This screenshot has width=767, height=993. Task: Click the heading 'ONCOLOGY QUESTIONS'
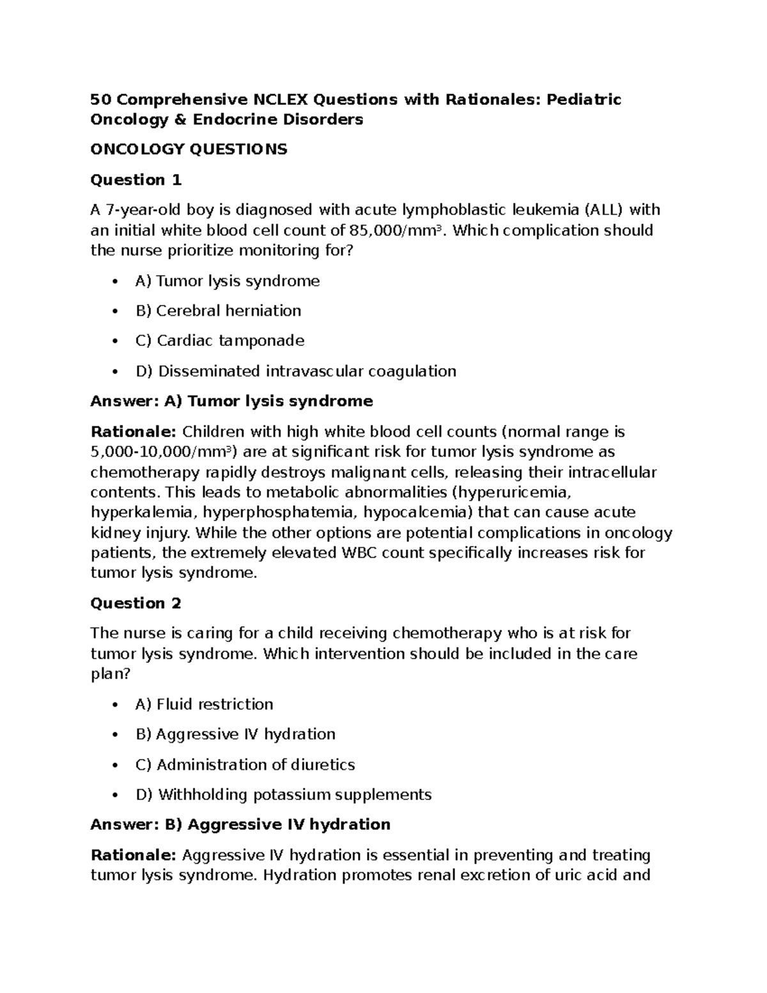pyautogui.click(x=189, y=150)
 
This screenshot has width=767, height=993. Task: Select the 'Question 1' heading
pyautogui.click(x=136, y=180)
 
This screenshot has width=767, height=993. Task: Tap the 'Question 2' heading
pyautogui.click(x=136, y=604)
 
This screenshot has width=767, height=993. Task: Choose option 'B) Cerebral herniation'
pyautogui.click(x=218, y=311)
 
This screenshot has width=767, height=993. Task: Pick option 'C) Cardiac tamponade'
pyautogui.click(x=220, y=341)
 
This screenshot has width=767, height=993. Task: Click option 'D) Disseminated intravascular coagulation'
pyautogui.click(x=296, y=371)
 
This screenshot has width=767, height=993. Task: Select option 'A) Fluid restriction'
pyautogui.click(x=205, y=705)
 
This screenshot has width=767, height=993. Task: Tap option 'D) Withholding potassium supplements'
pyautogui.click(x=284, y=795)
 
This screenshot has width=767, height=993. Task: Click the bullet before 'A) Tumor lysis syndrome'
pyautogui.click(x=115, y=282)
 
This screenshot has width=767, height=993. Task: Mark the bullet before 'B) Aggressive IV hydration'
pyautogui.click(x=115, y=735)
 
